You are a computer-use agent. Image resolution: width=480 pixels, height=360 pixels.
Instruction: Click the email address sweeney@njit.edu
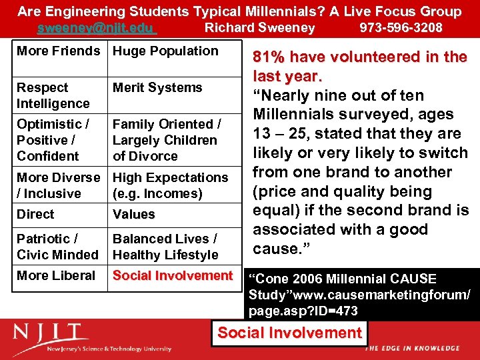(x=97, y=28)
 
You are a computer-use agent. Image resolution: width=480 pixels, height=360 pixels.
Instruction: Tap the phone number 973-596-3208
(x=401, y=28)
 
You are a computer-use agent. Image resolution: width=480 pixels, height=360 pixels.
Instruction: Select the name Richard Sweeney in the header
(x=259, y=28)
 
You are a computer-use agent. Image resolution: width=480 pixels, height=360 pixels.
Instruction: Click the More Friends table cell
(x=59, y=51)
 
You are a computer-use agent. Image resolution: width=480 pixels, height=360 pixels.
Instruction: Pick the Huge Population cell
(x=165, y=51)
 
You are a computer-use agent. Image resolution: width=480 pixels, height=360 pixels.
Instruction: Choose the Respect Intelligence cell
(x=53, y=95)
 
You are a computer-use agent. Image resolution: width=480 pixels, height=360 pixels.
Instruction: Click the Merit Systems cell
(x=157, y=88)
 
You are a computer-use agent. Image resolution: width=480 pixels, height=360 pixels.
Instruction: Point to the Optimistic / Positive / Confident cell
(x=53, y=140)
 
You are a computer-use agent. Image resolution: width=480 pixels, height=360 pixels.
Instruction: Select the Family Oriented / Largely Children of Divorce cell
(x=167, y=140)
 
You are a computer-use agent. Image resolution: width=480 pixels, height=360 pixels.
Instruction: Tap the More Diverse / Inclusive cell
(x=59, y=185)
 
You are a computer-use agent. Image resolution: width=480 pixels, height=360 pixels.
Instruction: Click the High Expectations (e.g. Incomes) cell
(x=170, y=185)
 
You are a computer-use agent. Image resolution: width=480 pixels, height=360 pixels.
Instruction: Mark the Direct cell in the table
(x=35, y=215)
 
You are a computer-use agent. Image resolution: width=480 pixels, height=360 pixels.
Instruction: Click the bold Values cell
(x=133, y=215)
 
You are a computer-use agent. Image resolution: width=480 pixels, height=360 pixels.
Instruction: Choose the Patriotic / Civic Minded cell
(x=57, y=247)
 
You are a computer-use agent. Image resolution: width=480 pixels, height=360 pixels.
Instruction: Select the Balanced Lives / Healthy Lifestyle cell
(x=165, y=247)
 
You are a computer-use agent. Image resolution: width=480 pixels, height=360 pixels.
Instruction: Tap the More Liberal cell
(x=56, y=276)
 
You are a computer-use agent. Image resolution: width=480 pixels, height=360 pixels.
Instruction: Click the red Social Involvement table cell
(x=173, y=276)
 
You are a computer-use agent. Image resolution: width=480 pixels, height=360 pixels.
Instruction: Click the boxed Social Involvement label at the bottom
(x=290, y=333)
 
